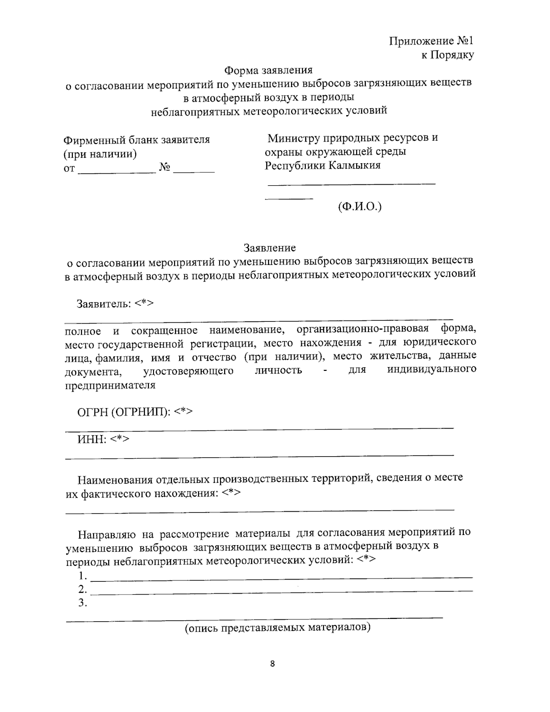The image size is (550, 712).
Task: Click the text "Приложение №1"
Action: click(x=431, y=41)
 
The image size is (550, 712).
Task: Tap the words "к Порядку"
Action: click(x=447, y=55)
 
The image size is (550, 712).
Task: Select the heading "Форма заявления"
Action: click(x=268, y=70)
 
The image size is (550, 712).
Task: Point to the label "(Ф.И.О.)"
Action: click(x=360, y=207)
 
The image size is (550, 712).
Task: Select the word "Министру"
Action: click(x=294, y=138)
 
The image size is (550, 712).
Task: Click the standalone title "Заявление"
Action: click(x=269, y=248)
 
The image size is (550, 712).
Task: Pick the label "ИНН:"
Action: click(x=92, y=439)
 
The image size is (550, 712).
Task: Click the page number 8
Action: click(x=272, y=663)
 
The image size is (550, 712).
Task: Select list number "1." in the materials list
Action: click(x=82, y=575)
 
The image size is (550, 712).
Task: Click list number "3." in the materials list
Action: click(x=82, y=603)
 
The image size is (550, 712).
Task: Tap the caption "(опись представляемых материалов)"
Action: click(x=277, y=627)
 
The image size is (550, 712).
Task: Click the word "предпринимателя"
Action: click(x=110, y=385)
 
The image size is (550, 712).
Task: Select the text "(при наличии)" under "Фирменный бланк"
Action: click(x=100, y=154)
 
